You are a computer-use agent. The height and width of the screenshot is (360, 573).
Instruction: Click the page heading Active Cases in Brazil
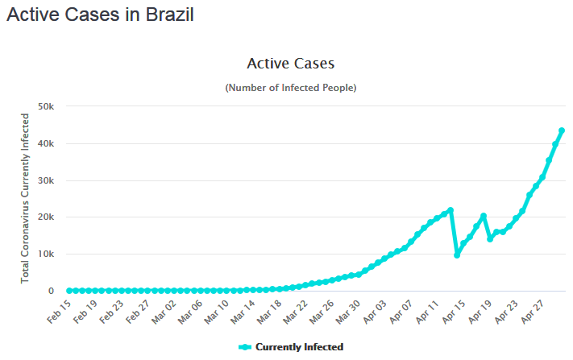point(101,15)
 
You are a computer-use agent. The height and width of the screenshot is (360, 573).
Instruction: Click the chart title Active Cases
point(290,64)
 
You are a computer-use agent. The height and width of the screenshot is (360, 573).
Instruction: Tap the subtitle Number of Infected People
point(290,87)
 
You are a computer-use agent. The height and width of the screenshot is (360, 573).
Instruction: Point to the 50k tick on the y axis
point(44,106)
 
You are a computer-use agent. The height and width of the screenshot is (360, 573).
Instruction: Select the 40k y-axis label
point(44,143)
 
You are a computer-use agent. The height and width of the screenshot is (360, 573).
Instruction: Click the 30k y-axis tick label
point(44,180)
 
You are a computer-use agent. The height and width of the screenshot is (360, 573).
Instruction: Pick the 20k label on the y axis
point(44,217)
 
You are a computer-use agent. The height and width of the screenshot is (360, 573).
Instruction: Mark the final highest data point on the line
point(562,130)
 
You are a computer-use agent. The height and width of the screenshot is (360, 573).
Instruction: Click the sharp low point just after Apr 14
point(457,254)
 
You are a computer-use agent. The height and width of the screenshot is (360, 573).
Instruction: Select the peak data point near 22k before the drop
point(451,210)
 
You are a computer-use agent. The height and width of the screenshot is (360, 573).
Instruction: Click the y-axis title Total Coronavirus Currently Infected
point(26,197)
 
